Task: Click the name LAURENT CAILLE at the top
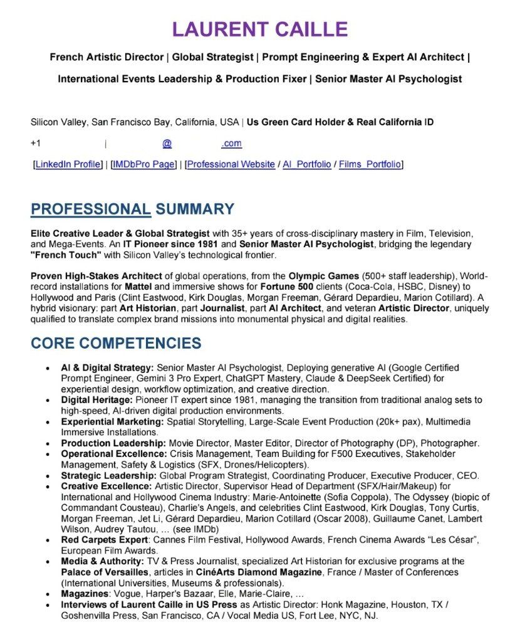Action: click(259, 29)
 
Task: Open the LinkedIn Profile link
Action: click(68, 164)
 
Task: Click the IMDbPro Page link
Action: click(143, 164)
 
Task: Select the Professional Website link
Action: click(231, 164)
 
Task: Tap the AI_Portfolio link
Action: click(307, 164)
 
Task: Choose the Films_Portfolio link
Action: click(370, 164)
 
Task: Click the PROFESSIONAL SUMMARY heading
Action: click(132, 209)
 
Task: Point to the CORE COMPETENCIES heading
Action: click(116, 344)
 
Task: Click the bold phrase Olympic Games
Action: click(318, 276)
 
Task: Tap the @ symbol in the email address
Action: click(167, 144)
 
